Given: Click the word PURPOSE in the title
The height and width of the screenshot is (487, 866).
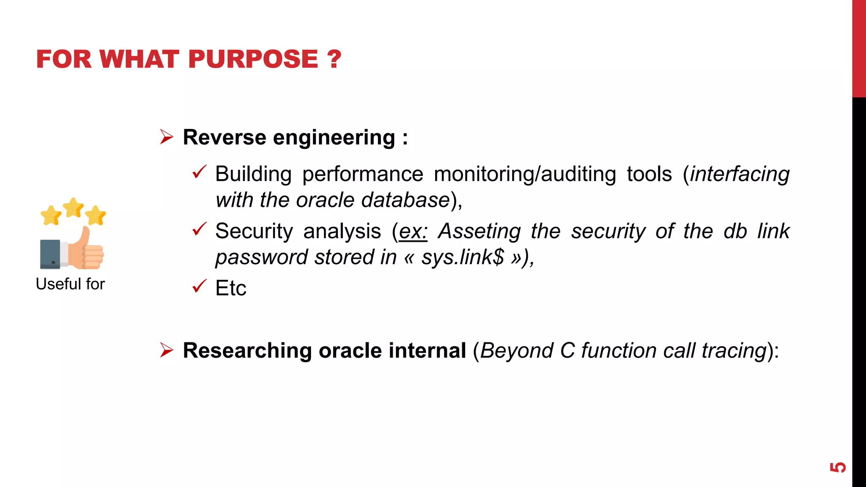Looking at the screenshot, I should coord(253,59).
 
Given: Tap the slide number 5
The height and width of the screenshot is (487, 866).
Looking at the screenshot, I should coord(838,467).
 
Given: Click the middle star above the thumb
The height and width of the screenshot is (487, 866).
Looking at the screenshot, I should coord(73,207).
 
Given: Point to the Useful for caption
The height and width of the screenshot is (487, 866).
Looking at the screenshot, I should coord(70,284).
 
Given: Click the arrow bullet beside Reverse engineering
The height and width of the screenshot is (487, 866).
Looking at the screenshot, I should coord(167,137).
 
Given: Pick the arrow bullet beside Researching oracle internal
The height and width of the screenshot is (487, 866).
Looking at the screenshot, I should coord(167,350).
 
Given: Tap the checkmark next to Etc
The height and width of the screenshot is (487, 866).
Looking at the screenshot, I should coord(199,286).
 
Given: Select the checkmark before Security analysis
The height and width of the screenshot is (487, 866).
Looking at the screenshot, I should coord(199,229).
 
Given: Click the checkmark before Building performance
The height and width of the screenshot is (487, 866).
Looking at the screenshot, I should coord(199,172).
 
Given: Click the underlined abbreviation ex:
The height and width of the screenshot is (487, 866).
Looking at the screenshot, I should coord(413,231).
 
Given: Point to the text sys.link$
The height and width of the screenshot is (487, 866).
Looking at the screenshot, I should coord(463,257).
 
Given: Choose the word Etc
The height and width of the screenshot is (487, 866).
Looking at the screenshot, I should coord(230,288).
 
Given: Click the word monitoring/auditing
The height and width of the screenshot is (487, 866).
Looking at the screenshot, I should coord(525,174).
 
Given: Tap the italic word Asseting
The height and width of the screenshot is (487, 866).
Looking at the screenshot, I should coord(479,231).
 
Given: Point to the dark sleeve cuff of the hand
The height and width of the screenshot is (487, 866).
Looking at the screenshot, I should coord(50,254).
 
